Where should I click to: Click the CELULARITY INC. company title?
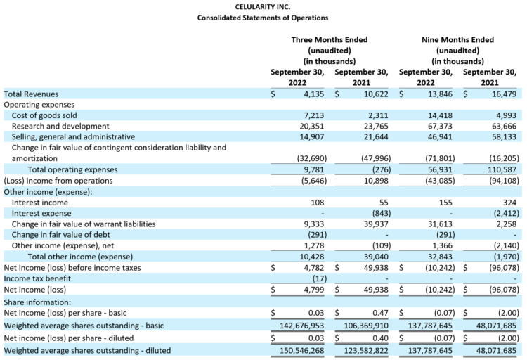point(263,6)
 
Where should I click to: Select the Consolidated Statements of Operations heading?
point(263,17)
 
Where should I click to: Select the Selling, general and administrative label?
point(73,136)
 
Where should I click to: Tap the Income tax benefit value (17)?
point(318,278)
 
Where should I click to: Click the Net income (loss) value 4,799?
point(315,290)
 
